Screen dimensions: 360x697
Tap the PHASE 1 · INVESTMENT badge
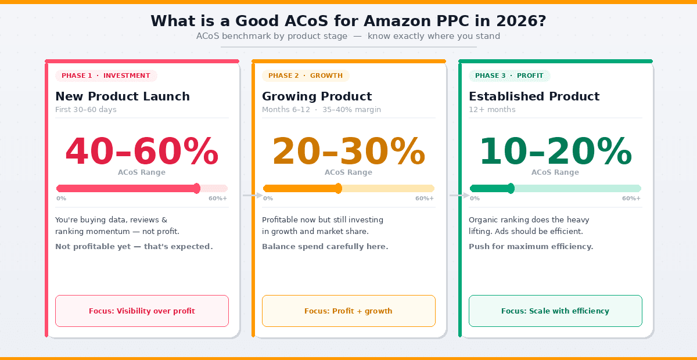(106, 75)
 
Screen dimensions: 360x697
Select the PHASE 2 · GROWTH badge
(306, 75)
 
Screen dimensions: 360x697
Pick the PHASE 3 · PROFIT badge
(509, 75)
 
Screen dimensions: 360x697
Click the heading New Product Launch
(123, 96)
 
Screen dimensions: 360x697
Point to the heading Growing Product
(317, 96)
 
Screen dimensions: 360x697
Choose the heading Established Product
(534, 96)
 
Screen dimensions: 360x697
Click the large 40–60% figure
(142, 152)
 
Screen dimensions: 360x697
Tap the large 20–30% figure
(348, 152)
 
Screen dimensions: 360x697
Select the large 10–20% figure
(555, 152)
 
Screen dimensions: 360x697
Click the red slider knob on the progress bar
(196, 188)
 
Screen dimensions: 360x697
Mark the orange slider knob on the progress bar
(339, 188)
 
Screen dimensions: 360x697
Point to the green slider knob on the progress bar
(511, 188)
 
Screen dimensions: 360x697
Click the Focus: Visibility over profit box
(142, 311)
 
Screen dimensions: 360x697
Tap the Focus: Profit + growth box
(348, 311)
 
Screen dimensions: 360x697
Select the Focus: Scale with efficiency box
(555, 311)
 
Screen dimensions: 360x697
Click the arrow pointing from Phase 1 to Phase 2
(253, 196)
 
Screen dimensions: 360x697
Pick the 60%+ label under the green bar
(631, 199)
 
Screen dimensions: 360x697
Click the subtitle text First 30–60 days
(86, 110)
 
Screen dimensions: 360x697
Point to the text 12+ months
(492, 110)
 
